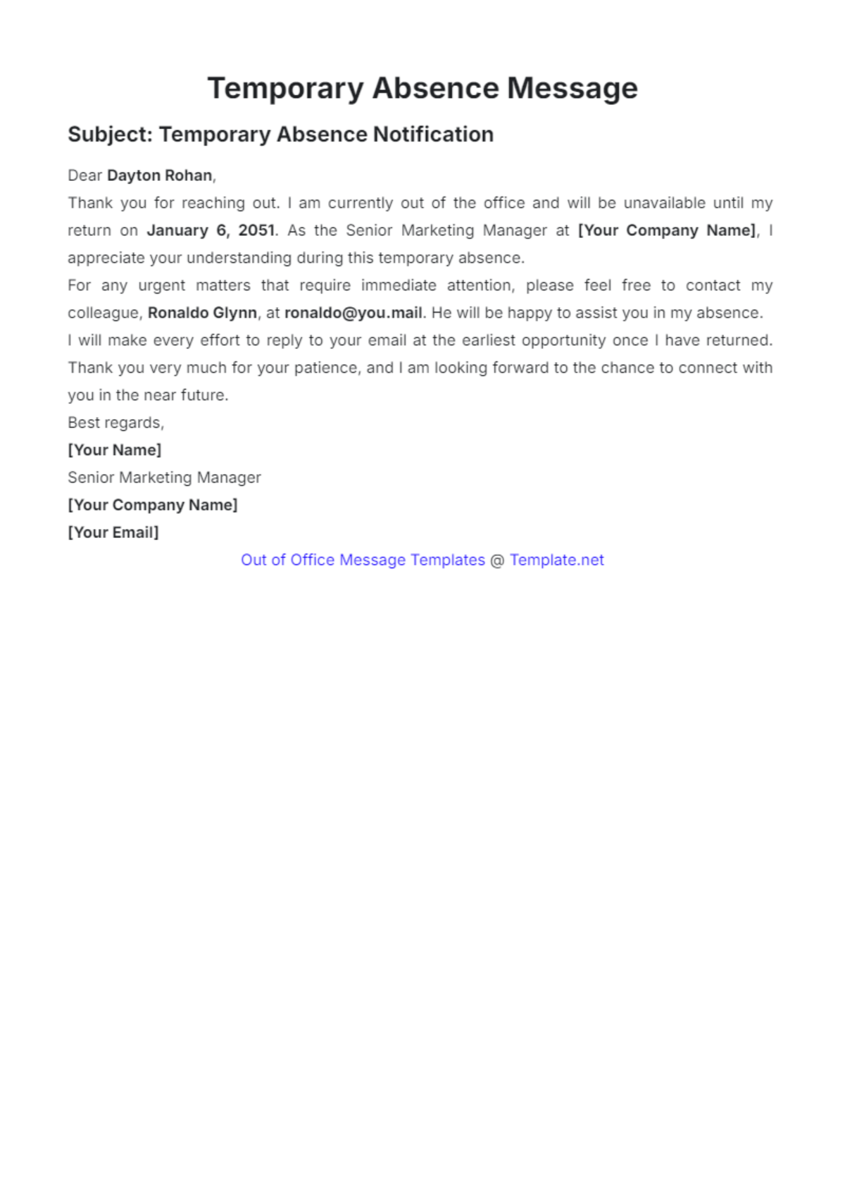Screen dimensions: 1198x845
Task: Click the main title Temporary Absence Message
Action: coord(423,89)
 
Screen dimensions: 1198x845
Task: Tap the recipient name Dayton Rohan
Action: coord(159,175)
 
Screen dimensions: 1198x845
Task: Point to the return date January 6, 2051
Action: coord(211,230)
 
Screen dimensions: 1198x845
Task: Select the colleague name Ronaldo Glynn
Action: coord(202,313)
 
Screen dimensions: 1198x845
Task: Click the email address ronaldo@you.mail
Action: coord(353,313)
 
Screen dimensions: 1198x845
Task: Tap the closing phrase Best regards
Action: coord(115,423)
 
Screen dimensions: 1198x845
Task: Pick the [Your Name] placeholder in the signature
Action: coord(115,450)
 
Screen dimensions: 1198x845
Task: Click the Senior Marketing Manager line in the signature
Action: coord(164,478)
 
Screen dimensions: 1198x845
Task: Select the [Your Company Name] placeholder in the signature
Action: coord(153,505)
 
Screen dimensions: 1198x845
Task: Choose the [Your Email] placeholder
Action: coord(113,532)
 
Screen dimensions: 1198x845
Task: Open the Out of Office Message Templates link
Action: coord(363,560)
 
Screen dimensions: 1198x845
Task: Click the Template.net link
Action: coord(557,560)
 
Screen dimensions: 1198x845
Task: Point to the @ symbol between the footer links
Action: coord(497,561)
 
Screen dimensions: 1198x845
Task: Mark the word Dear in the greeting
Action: coord(84,175)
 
